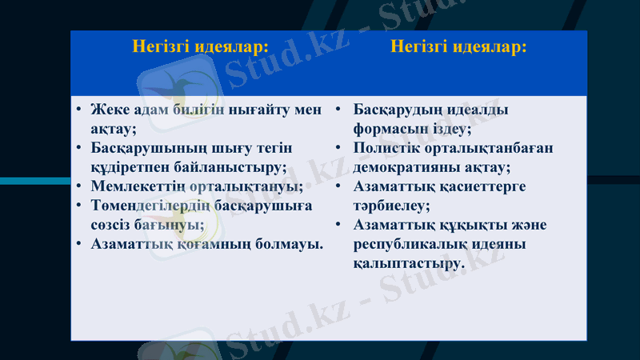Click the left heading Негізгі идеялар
pyautogui.click(x=200, y=46)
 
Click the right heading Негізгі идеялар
pyautogui.click(x=458, y=46)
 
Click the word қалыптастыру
pyautogui.click(x=407, y=262)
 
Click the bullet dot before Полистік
pyautogui.click(x=338, y=148)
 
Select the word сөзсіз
pyautogui.click(x=111, y=225)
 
